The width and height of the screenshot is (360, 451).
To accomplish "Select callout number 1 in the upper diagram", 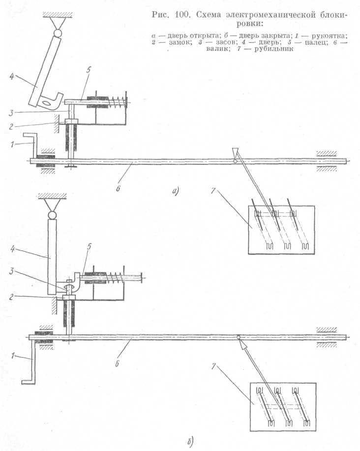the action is [x=17, y=144].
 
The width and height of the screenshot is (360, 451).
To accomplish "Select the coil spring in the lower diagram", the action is [x=119, y=279].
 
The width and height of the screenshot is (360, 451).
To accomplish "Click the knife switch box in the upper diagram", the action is [x=280, y=230].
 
